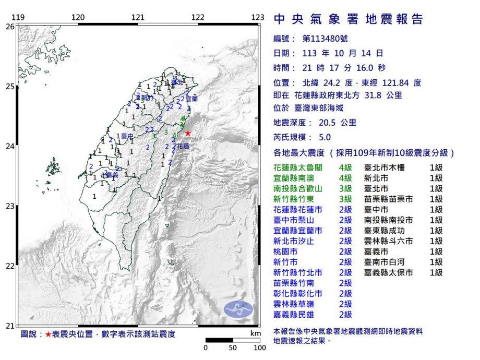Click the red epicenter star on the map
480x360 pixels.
coord(188,133)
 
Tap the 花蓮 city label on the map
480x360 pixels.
coord(183,147)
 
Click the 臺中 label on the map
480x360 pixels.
coord(125,137)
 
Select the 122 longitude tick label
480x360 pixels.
coord(198,17)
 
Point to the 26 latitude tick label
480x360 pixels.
coord(10,26)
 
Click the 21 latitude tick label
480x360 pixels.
coord(10,326)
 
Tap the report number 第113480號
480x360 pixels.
coord(320,38)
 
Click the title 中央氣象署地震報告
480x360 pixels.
coord(348,20)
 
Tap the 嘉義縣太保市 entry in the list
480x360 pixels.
coord(389,272)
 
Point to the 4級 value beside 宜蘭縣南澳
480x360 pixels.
coord(345,178)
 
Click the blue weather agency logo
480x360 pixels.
coord(238,309)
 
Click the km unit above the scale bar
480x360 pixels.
coord(255,333)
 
